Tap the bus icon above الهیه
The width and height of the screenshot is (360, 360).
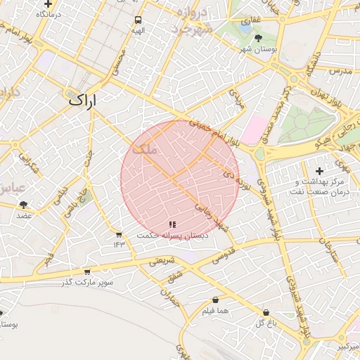coord(137,20)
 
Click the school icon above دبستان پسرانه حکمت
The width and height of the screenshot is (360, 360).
coord(172,224)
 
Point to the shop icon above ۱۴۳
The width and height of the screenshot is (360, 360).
coord(118,235)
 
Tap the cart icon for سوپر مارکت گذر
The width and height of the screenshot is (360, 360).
coord(86,272)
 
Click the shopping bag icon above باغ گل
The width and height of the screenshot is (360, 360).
coord(265,312)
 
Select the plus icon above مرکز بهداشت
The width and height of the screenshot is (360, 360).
coord(319,171)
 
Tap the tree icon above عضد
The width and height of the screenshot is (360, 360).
coord(24,205)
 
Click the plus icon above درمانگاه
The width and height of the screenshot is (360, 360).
coord(48,4)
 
